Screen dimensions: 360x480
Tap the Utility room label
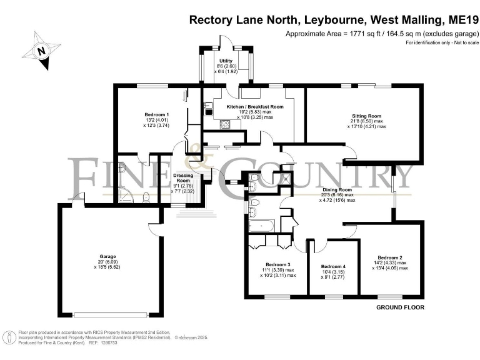point(226,60)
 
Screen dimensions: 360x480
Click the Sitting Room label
point(366,116)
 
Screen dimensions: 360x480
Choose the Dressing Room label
point(183,179)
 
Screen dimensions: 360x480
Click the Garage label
point(107,256)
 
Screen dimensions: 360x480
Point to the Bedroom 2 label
point(389,257)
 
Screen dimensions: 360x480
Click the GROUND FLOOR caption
point(400,308)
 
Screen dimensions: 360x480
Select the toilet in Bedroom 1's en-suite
point(145,197)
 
